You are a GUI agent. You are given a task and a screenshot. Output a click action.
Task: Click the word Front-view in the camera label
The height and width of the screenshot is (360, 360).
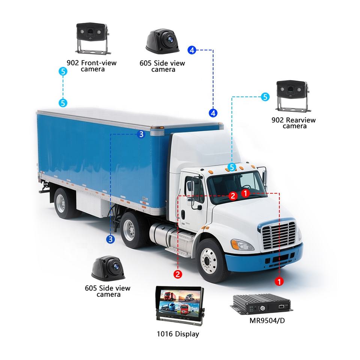(x=99, y=63)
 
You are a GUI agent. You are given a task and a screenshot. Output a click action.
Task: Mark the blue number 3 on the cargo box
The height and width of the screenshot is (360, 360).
(x=141, y=134)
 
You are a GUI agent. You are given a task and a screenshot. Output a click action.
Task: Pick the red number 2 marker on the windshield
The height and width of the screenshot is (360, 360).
(x=232, y=195)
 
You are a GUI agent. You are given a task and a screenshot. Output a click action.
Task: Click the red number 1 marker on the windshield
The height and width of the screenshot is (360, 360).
(x=245, y=193)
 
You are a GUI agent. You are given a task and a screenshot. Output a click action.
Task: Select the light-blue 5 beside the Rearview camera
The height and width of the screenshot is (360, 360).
(x=265, y=97)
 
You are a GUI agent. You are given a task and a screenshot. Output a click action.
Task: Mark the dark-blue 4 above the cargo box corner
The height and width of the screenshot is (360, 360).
(x=213, y=112)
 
